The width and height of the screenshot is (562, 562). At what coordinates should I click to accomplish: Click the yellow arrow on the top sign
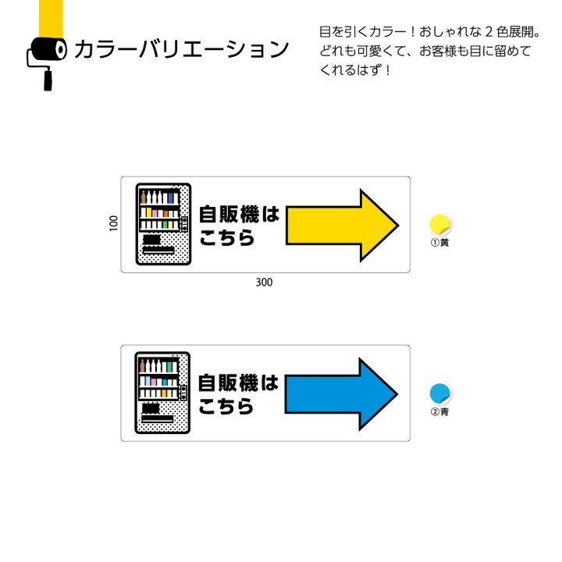click(x=340, y=226)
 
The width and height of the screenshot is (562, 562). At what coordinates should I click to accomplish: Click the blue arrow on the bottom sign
click(x=340, y=394)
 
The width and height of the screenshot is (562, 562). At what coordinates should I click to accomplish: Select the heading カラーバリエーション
click(x=181, y=51)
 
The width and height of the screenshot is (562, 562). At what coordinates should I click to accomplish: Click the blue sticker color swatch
click(x=440, y=393)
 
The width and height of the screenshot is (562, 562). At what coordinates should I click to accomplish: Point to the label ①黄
click(x=440, y=244)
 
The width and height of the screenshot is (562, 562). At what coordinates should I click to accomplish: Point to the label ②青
click(x=440, y=412)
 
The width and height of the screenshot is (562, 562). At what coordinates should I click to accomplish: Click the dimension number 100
click(x=113, y=224)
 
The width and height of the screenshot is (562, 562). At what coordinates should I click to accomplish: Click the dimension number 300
click(x=264, y=283)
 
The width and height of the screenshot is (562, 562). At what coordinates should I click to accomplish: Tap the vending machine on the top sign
click(x=163, y=224)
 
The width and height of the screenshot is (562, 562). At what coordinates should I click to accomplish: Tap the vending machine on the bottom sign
click(x=163, y=393)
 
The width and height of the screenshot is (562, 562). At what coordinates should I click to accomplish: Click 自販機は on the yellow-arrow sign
click(x=239, y=214)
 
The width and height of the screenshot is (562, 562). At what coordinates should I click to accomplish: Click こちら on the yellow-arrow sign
click(x=227, y=238)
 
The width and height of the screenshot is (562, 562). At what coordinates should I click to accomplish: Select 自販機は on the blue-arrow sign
click(x=239, y=382)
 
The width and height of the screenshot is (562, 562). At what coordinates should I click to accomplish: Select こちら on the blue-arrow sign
click(x=227, y=407)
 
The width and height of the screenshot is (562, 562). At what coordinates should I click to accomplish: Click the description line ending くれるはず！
click(x=355, y=70)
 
